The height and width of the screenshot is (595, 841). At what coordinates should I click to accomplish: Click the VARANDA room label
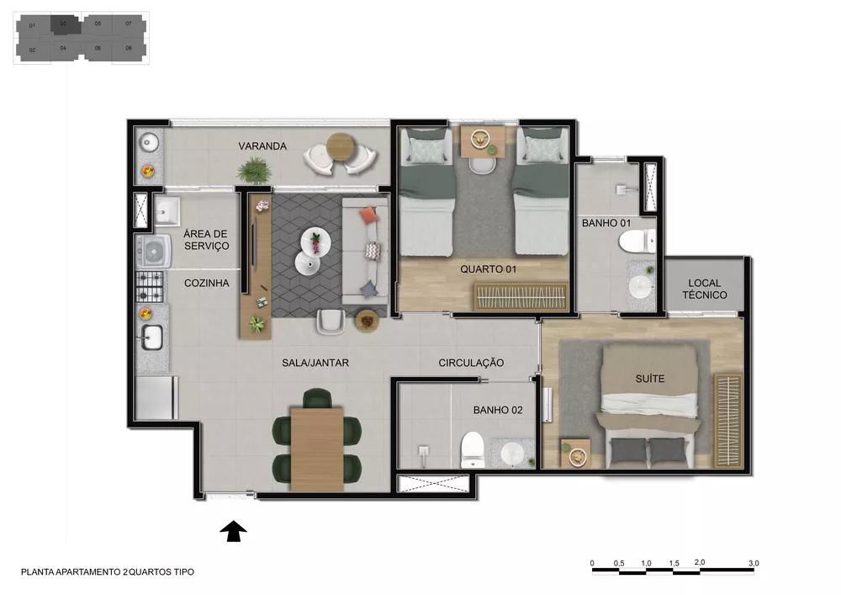(x=262, y=146)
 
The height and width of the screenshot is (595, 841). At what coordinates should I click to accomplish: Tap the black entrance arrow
(x=233, y=531)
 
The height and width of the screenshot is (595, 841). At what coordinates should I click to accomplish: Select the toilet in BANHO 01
(x=636, y=242)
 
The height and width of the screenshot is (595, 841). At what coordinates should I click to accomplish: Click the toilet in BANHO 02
(x=472, y=449)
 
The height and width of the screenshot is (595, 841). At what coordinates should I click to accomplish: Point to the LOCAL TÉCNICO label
(x=706, y=290)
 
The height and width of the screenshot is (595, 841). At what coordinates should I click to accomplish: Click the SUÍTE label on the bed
(x=649, y=379)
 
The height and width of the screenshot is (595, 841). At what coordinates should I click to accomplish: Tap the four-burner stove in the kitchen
(x=151, y=285)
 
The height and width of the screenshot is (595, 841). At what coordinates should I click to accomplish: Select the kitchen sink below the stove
(x=151, y=337)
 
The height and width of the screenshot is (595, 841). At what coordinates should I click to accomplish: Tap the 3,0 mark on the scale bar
(x=753, y=563)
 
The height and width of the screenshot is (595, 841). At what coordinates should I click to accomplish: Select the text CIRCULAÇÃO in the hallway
(x=471, y=363)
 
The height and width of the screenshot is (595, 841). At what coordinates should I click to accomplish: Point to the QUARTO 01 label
(x=488, y=269)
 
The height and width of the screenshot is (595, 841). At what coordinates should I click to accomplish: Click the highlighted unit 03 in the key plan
(x=66, y=24)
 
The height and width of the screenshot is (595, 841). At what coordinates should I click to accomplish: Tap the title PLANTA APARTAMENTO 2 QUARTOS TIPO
(x=108, y=572)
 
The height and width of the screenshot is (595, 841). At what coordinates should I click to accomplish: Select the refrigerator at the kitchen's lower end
(x=156, y=397)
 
